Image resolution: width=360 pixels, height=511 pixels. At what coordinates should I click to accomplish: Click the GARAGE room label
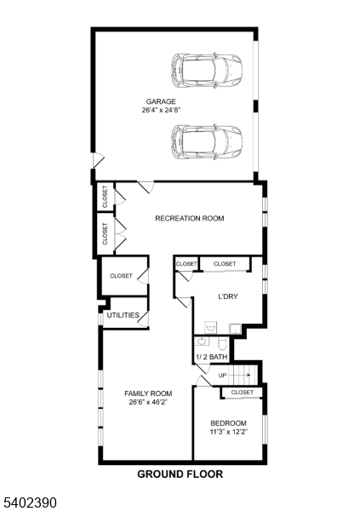(x=160, y=101)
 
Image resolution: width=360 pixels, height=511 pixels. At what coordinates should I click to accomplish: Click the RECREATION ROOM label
(x=189, y=219)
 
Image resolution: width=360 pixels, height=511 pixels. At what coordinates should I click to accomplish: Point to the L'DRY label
(x=227, y=297)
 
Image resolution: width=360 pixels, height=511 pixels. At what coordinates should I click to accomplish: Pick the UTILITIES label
(x=123, y=315)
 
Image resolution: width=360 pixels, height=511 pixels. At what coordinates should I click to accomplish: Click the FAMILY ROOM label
(x=148, y=393)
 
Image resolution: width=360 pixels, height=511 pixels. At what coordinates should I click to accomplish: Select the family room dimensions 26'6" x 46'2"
(x=148, y=403)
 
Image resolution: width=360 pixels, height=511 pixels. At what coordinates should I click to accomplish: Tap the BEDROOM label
(x=228, y=423)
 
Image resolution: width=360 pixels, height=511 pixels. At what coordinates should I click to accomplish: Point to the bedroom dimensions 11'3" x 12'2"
(x=228, y=433)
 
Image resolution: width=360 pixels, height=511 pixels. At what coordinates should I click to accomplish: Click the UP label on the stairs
(x=223, y=375)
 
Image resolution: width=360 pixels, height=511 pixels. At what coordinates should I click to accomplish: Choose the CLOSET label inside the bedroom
(x=242, y=393)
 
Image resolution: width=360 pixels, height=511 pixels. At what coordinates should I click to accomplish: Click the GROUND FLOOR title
(x=180, y=474)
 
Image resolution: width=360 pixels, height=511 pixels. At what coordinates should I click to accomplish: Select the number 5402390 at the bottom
(x=29, y=502)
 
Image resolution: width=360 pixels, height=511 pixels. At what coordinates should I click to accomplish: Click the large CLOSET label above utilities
(x=121, y=276)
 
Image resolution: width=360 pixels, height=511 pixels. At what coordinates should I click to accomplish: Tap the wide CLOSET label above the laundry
(x=225, y=264)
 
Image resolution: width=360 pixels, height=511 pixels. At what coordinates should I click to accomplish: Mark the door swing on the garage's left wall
(x=98, y=160)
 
